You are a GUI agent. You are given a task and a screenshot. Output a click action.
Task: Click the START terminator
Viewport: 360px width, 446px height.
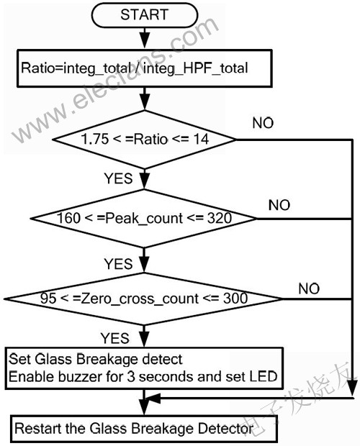[x=144, y=15]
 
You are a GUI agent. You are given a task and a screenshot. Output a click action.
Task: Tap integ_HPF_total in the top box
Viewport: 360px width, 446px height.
[x=196, y=68]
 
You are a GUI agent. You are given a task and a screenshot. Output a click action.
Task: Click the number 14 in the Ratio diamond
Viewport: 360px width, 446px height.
[x=201, y=139]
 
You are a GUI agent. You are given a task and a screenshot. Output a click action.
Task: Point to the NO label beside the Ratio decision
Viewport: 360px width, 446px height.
[x=263, y=123]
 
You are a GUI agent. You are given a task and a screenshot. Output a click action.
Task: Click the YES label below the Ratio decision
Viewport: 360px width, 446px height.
[x=118, y=178]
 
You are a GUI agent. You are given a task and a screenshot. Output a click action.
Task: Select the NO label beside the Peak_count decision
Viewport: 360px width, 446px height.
[x=279, y=205]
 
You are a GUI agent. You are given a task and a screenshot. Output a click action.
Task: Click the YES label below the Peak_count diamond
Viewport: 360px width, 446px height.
[x=118, y=264]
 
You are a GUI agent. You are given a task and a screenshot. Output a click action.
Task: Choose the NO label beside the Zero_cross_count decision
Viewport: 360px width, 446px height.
[x=309, y=288]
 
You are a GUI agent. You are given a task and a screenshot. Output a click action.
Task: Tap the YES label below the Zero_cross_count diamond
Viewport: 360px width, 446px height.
[x=115, y=339]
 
